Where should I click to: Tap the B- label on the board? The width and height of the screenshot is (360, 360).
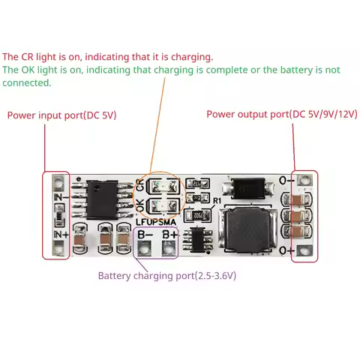click(x=144, y=234)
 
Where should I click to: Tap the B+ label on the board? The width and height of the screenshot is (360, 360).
click(x=169, y=234)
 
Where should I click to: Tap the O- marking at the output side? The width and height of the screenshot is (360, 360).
click(x=285, y=181)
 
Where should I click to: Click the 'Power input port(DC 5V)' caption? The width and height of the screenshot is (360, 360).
click(x=61, y=115)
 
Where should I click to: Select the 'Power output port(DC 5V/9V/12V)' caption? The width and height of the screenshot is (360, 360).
click(x=282, y=115)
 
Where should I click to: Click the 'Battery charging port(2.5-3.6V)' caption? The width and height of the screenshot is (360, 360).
click(x=166, y=275)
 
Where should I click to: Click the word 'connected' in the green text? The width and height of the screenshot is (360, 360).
click(x=27, y=82)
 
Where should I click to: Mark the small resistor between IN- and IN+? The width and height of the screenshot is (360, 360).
click(x=57, y=217)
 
